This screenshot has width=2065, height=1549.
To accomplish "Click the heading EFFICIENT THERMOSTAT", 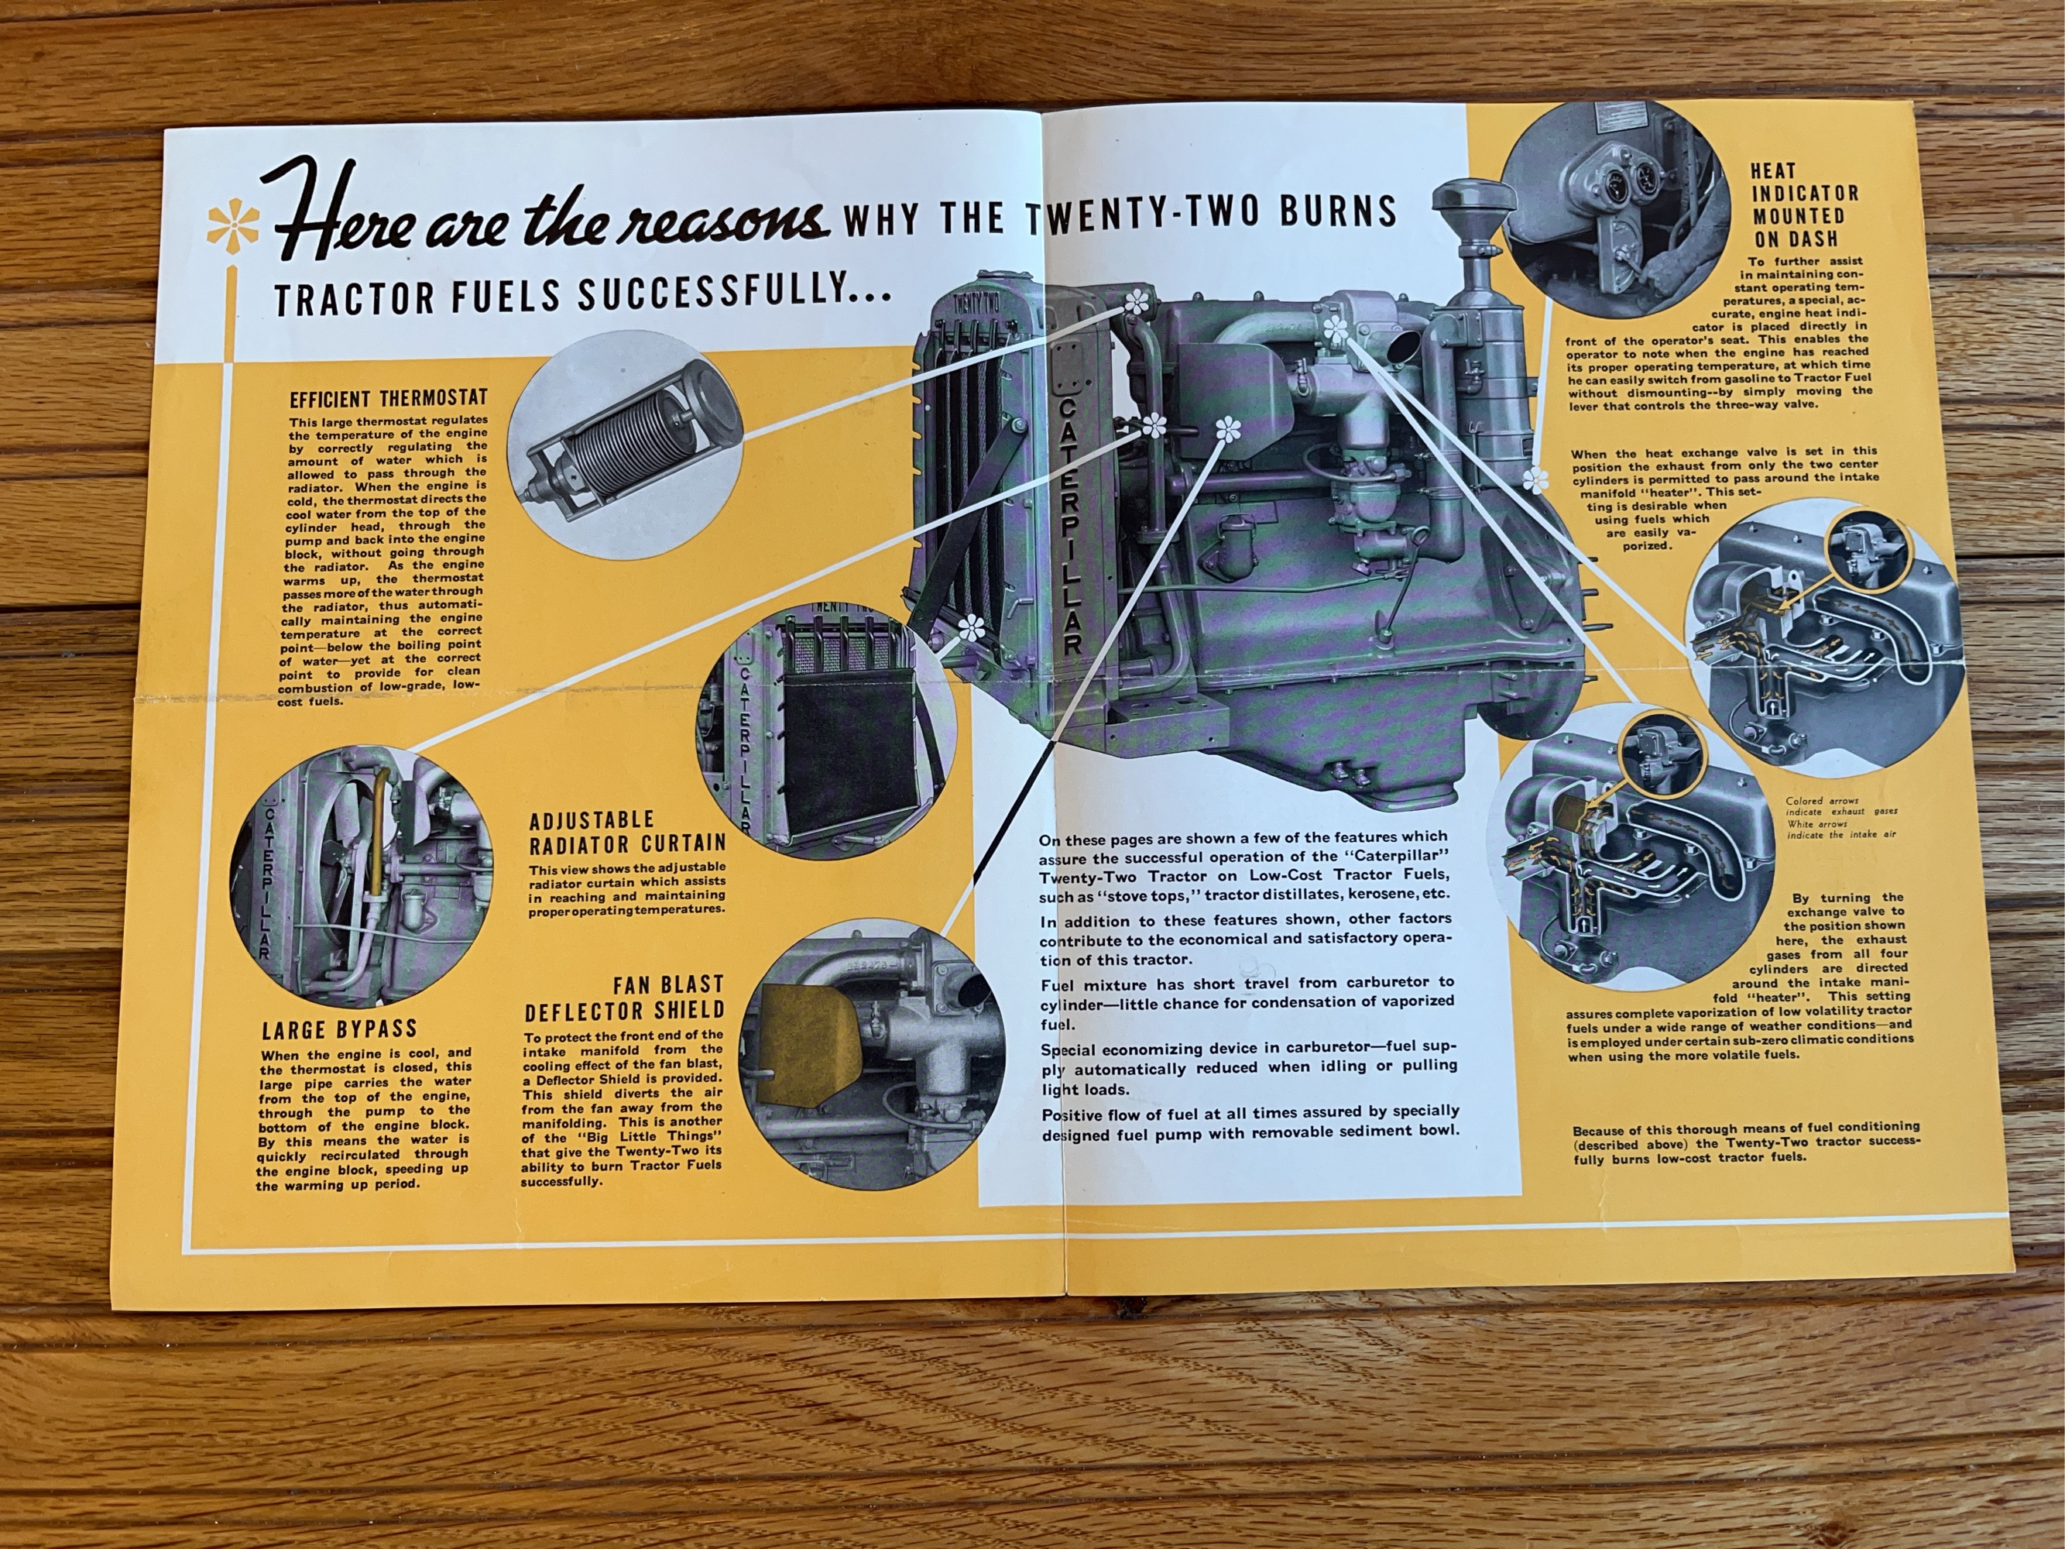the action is tap(389, 400).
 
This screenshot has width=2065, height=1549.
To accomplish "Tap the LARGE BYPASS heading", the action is tap(339, 1030).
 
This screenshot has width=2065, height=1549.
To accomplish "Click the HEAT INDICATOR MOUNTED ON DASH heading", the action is tap(1805, 204).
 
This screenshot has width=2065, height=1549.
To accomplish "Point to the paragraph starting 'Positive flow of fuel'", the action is tap(1250, 1121).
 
